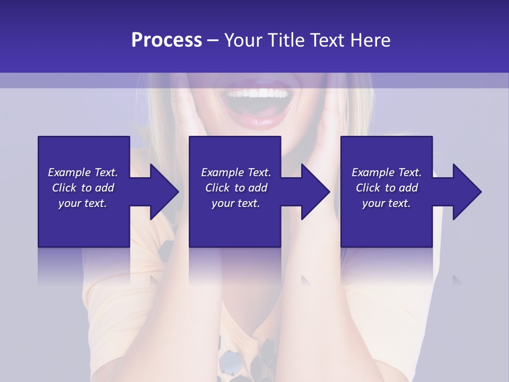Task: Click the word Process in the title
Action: coord(166,40)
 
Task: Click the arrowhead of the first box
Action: coord(164,192)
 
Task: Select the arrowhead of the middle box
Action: coord(316,192)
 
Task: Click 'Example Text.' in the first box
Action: coord(83,172)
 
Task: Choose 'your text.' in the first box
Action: coord(83,203)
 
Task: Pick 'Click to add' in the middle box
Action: coord(236,188)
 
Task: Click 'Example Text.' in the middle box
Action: coord(236,172)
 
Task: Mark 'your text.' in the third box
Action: coord(386,203)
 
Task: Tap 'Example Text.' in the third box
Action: coord(386,172)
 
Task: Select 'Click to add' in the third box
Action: coord(386,188)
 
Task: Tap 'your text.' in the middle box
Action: coord(236,203)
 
